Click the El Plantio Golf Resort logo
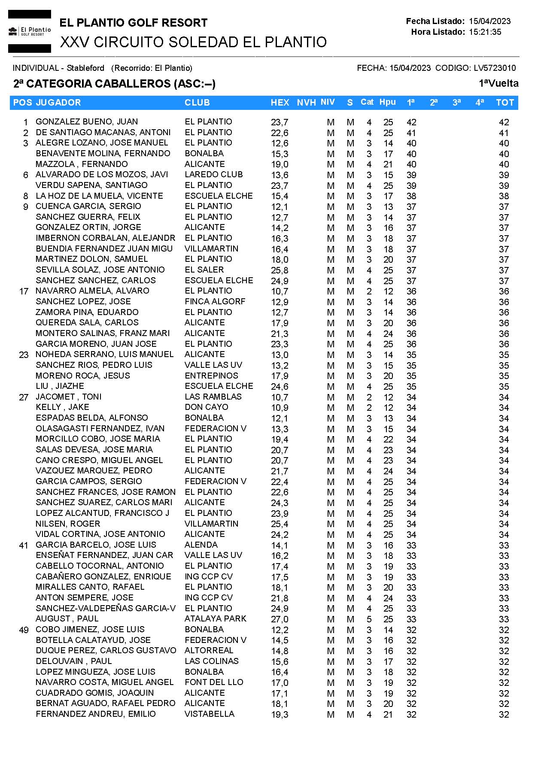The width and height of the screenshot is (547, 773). coord(30,31)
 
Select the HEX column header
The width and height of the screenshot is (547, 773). coord(280,103)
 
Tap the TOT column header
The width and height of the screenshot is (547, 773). coord(504,103)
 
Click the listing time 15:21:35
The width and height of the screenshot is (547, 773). coord(485,32)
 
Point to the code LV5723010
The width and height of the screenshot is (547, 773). coord(495,68)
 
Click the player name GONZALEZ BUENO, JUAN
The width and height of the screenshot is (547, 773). coord(87,122)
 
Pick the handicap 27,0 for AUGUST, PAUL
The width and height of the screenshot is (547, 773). coord(280,619)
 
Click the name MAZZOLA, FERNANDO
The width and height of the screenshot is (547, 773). coord(82,164)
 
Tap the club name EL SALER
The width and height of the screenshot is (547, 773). coord(204,270)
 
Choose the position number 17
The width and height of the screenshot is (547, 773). coord(24,291)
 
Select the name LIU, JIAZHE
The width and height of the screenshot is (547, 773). coord(60,386)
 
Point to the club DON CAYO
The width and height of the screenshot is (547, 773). coord(206,407)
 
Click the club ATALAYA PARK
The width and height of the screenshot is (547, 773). coord(215,619)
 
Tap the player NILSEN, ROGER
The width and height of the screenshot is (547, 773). coord(68,524)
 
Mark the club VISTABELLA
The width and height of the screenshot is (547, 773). coord(209,714)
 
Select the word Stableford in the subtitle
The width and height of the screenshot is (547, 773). coord(85,68)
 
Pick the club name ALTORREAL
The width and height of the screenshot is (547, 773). coord(209,651)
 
